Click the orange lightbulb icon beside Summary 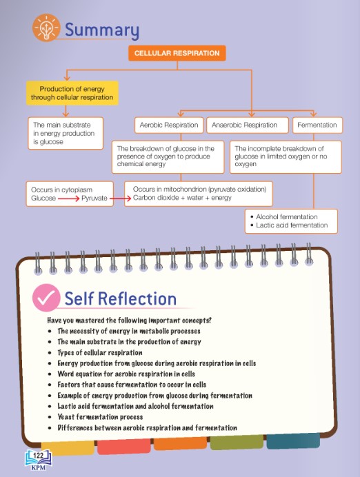(46, 28)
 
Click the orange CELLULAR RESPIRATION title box (177, 53)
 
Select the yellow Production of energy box (72, 93)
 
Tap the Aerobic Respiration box (169, 125)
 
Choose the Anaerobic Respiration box (248, 125)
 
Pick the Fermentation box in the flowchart (317, 125)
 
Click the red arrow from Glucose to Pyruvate (68, 199)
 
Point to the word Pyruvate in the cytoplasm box (94, 199)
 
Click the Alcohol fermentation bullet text (287, 216)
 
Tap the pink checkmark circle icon (46, 298)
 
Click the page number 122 (39, 456)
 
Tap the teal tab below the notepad (293, 440)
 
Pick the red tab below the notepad (124, 446)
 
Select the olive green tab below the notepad (237, 443)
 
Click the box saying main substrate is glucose (66, 133)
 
